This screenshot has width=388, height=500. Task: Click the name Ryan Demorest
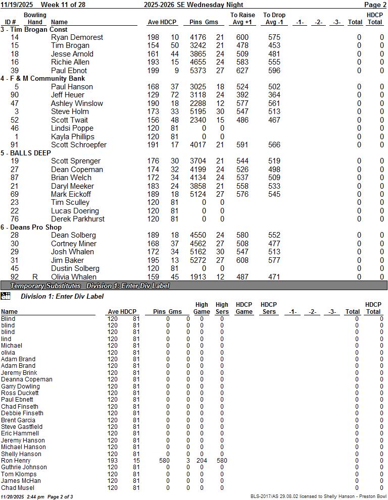pos(77,37)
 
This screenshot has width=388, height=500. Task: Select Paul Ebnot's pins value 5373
pos(198,71)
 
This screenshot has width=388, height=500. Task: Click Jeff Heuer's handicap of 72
pos(174,95)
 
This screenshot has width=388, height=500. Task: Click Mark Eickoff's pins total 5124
pos(198,194)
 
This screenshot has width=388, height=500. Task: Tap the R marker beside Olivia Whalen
pos(35,277)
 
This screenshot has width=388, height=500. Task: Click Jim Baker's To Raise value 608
pos(243,260)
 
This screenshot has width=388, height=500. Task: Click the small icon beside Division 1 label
pos(6,296)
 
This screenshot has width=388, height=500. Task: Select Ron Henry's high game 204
pos(202,461)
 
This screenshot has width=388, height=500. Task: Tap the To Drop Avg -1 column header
pos(274,19)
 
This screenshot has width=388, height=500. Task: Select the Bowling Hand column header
pos(35,19)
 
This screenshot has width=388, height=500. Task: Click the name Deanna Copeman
pos(26,379)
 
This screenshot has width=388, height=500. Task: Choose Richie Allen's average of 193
pos(153,62)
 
